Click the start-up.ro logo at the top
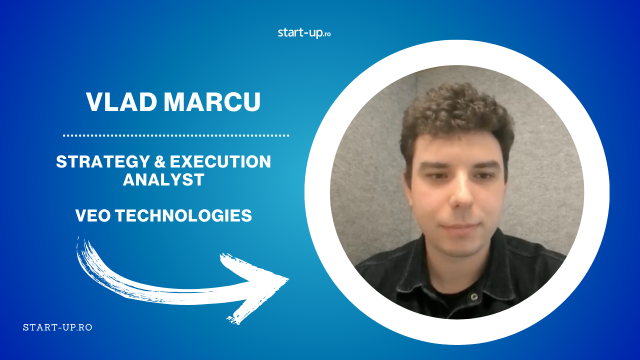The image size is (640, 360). point(304,33)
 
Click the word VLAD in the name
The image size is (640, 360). point(121,102)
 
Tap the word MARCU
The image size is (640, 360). point(212,102)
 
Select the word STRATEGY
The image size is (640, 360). point(103,161)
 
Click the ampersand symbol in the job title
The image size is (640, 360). point(159,161)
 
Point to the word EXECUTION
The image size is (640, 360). point(220,161)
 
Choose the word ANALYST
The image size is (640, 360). point(163,179)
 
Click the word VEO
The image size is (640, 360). point(93,215)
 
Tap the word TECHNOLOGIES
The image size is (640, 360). point(183,215)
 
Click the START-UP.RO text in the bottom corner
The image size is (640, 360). point(57,327)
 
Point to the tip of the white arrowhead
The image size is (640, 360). point(288,278)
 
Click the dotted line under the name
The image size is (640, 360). point(176,135)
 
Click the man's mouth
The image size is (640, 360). point(460,227)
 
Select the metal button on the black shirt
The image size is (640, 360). point(474,296)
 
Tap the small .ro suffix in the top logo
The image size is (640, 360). point(327,34)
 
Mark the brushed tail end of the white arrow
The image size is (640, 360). point(81,241)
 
